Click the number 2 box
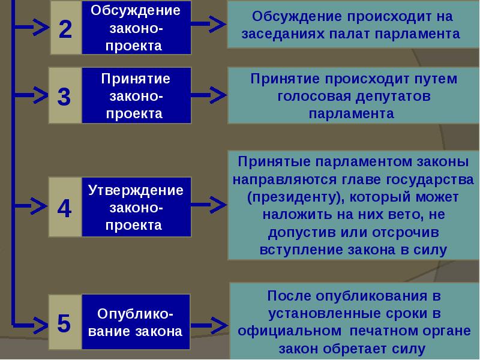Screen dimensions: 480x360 (65, 28)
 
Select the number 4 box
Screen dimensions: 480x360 (65, 207)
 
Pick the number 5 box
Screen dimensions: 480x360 (65, 323)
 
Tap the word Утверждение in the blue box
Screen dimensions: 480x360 (136, 190)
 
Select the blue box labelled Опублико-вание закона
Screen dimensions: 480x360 (136, 323)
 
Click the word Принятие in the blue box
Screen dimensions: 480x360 (136, 79)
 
